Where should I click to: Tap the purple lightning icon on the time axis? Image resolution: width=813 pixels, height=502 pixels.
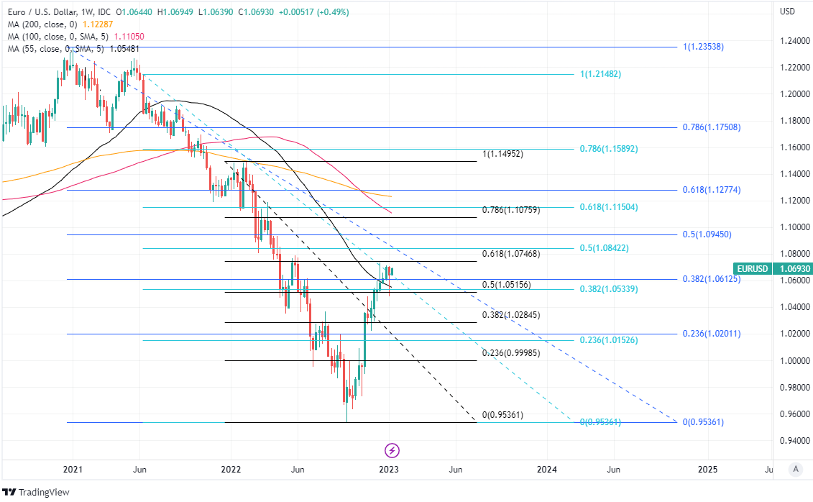coord(392,451)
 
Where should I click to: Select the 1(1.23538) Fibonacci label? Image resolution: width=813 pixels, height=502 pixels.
coord(703,47)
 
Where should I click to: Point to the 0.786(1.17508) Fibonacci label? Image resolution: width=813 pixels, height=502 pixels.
coord(711,127)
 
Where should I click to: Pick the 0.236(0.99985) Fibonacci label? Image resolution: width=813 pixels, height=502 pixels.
coord(510,353)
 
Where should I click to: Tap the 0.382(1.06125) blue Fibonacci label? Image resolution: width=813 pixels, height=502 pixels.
coord(711,279)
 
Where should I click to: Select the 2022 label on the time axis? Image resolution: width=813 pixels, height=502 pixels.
coord(231,470)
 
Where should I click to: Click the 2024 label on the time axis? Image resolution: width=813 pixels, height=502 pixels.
coord(547,470)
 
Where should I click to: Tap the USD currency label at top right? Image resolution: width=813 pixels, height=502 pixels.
coord(787,11)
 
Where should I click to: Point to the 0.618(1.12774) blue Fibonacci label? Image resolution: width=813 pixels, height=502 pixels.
coord(711,190)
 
